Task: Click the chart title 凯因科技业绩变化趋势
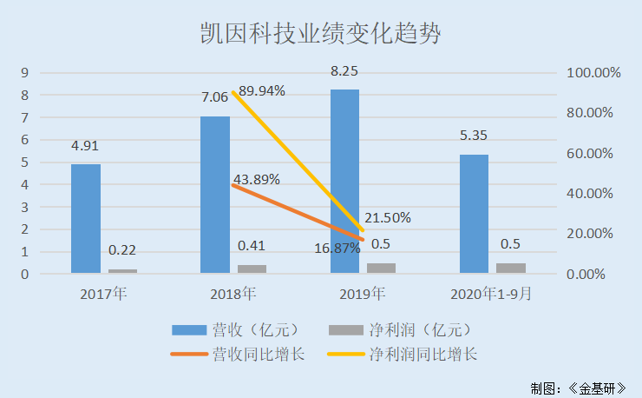(x=319, y=35)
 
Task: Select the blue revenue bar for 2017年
(x=86, y=219)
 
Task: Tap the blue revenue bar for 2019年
(x=344, y=182)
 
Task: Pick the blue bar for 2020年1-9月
(x=474, y=214)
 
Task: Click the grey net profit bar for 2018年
(x=252, y=269)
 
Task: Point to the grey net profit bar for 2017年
(x=122, y=271)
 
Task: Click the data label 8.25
(x=344, y=71)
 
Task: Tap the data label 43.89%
(x=257, y=180)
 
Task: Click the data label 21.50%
(x=387, y=217)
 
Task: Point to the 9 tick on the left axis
(x=26, y=72)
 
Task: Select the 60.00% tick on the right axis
(x=594, y=153)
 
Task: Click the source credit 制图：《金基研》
(x=579, y=387)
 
